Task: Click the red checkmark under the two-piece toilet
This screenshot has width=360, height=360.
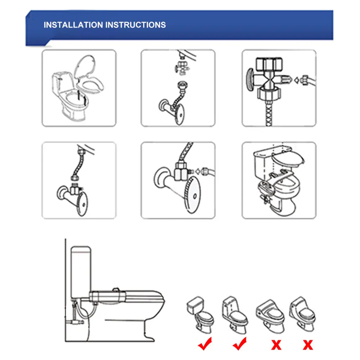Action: [205, 344]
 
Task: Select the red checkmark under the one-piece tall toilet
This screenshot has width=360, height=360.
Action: [240, 344]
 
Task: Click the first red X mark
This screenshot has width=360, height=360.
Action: [276, 345]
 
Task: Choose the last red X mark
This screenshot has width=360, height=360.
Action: [308, 345]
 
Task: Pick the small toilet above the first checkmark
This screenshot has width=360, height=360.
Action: [200, 313]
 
